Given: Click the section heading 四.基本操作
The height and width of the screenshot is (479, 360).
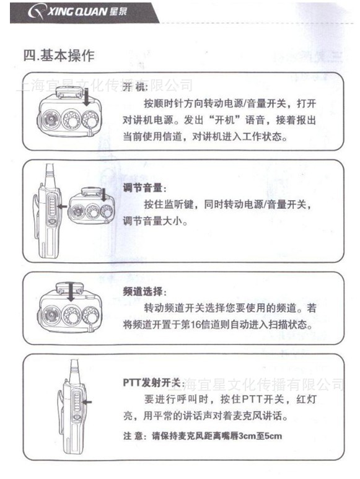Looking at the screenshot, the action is [x=59, y=56].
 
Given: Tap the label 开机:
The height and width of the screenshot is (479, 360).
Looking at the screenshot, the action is [x=135, y=87].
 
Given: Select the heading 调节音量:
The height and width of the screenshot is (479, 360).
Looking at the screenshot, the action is [x=145, y=188].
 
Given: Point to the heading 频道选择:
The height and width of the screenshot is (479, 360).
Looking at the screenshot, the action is [x=145, y=292].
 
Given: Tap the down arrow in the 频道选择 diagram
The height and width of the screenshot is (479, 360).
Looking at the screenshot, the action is [x=71, y=292].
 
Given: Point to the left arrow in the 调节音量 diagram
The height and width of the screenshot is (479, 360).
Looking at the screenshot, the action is [x=63, y=206].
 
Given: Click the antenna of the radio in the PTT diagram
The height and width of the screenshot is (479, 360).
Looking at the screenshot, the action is [x=74, y=371].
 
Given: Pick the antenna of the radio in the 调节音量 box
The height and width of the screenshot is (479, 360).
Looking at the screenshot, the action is [x=48, y=175].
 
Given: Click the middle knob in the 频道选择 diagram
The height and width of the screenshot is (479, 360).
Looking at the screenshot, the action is [x=71, y=315].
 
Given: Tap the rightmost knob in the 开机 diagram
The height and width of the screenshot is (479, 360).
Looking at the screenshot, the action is [x=90, y=120].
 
